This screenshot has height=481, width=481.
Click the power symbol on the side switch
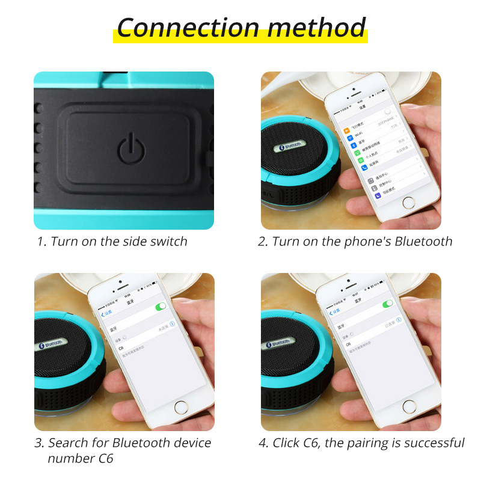point(131,149)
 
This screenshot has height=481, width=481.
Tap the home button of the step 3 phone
point(181,407)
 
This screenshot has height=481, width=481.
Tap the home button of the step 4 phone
point(410,406)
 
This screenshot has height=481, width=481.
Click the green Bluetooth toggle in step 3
point(161,306)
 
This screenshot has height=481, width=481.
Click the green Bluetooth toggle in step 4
point(388,304)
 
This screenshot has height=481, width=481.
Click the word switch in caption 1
point(170,242)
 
